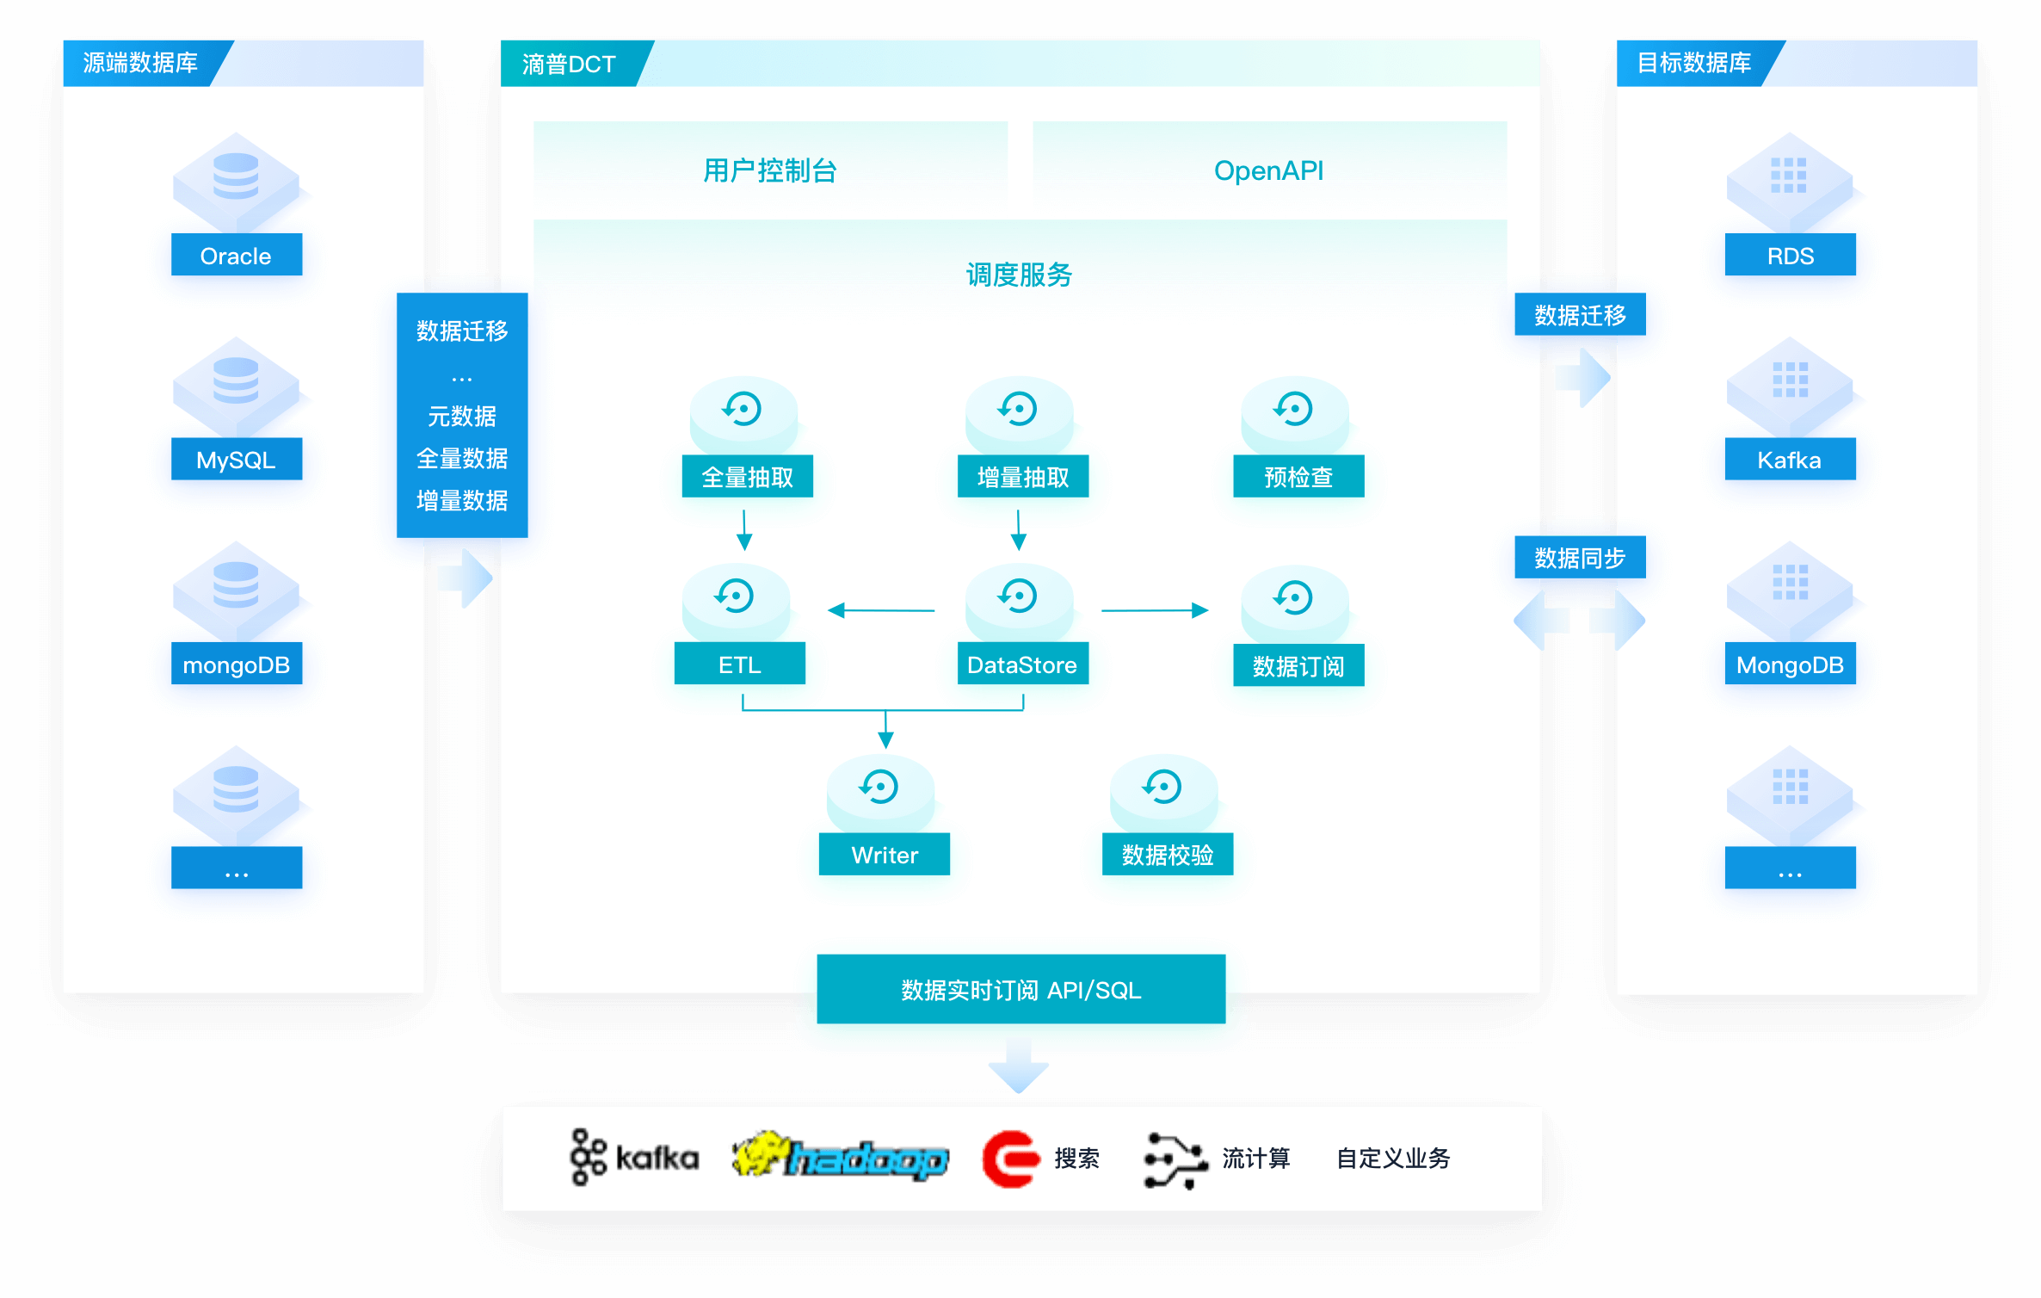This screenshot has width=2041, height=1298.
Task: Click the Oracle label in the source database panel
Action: tap(236, 256)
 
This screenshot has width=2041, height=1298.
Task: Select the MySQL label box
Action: tap(236, 460)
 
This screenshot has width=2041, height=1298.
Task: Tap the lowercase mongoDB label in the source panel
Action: tap(236, 664)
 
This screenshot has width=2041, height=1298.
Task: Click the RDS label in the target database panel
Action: tap(1790, 256)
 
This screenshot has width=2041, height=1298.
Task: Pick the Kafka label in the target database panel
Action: tap(1790, 460)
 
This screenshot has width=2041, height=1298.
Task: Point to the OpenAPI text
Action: tap(1268, 170)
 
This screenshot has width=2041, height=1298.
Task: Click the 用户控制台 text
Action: tap(769, 170)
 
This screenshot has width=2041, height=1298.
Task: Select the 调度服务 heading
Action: tap(1019, 275)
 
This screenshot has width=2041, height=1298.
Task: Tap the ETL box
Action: tap(739, 664)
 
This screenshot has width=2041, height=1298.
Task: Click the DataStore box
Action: tap(1022, 664)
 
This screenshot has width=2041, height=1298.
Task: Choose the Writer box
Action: tap(884, 855)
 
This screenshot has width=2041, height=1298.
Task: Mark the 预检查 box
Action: tap(1298, 477)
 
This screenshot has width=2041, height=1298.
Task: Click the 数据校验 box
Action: tap(1167, 855)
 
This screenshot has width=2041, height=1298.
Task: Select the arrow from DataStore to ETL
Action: tap(881, 610)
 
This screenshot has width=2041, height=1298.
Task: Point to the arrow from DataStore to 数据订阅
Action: tap(1155, 610)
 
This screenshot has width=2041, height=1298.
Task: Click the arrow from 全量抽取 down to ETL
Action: tap(744, 529)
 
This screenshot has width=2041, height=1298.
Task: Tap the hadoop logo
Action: tap(841, 1157)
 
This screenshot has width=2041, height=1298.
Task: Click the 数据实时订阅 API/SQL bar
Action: tap(1020, 990)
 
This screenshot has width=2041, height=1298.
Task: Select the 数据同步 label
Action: tap(1580, 558)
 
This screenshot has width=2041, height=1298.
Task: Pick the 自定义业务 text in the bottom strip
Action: tap(1393, 1159)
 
